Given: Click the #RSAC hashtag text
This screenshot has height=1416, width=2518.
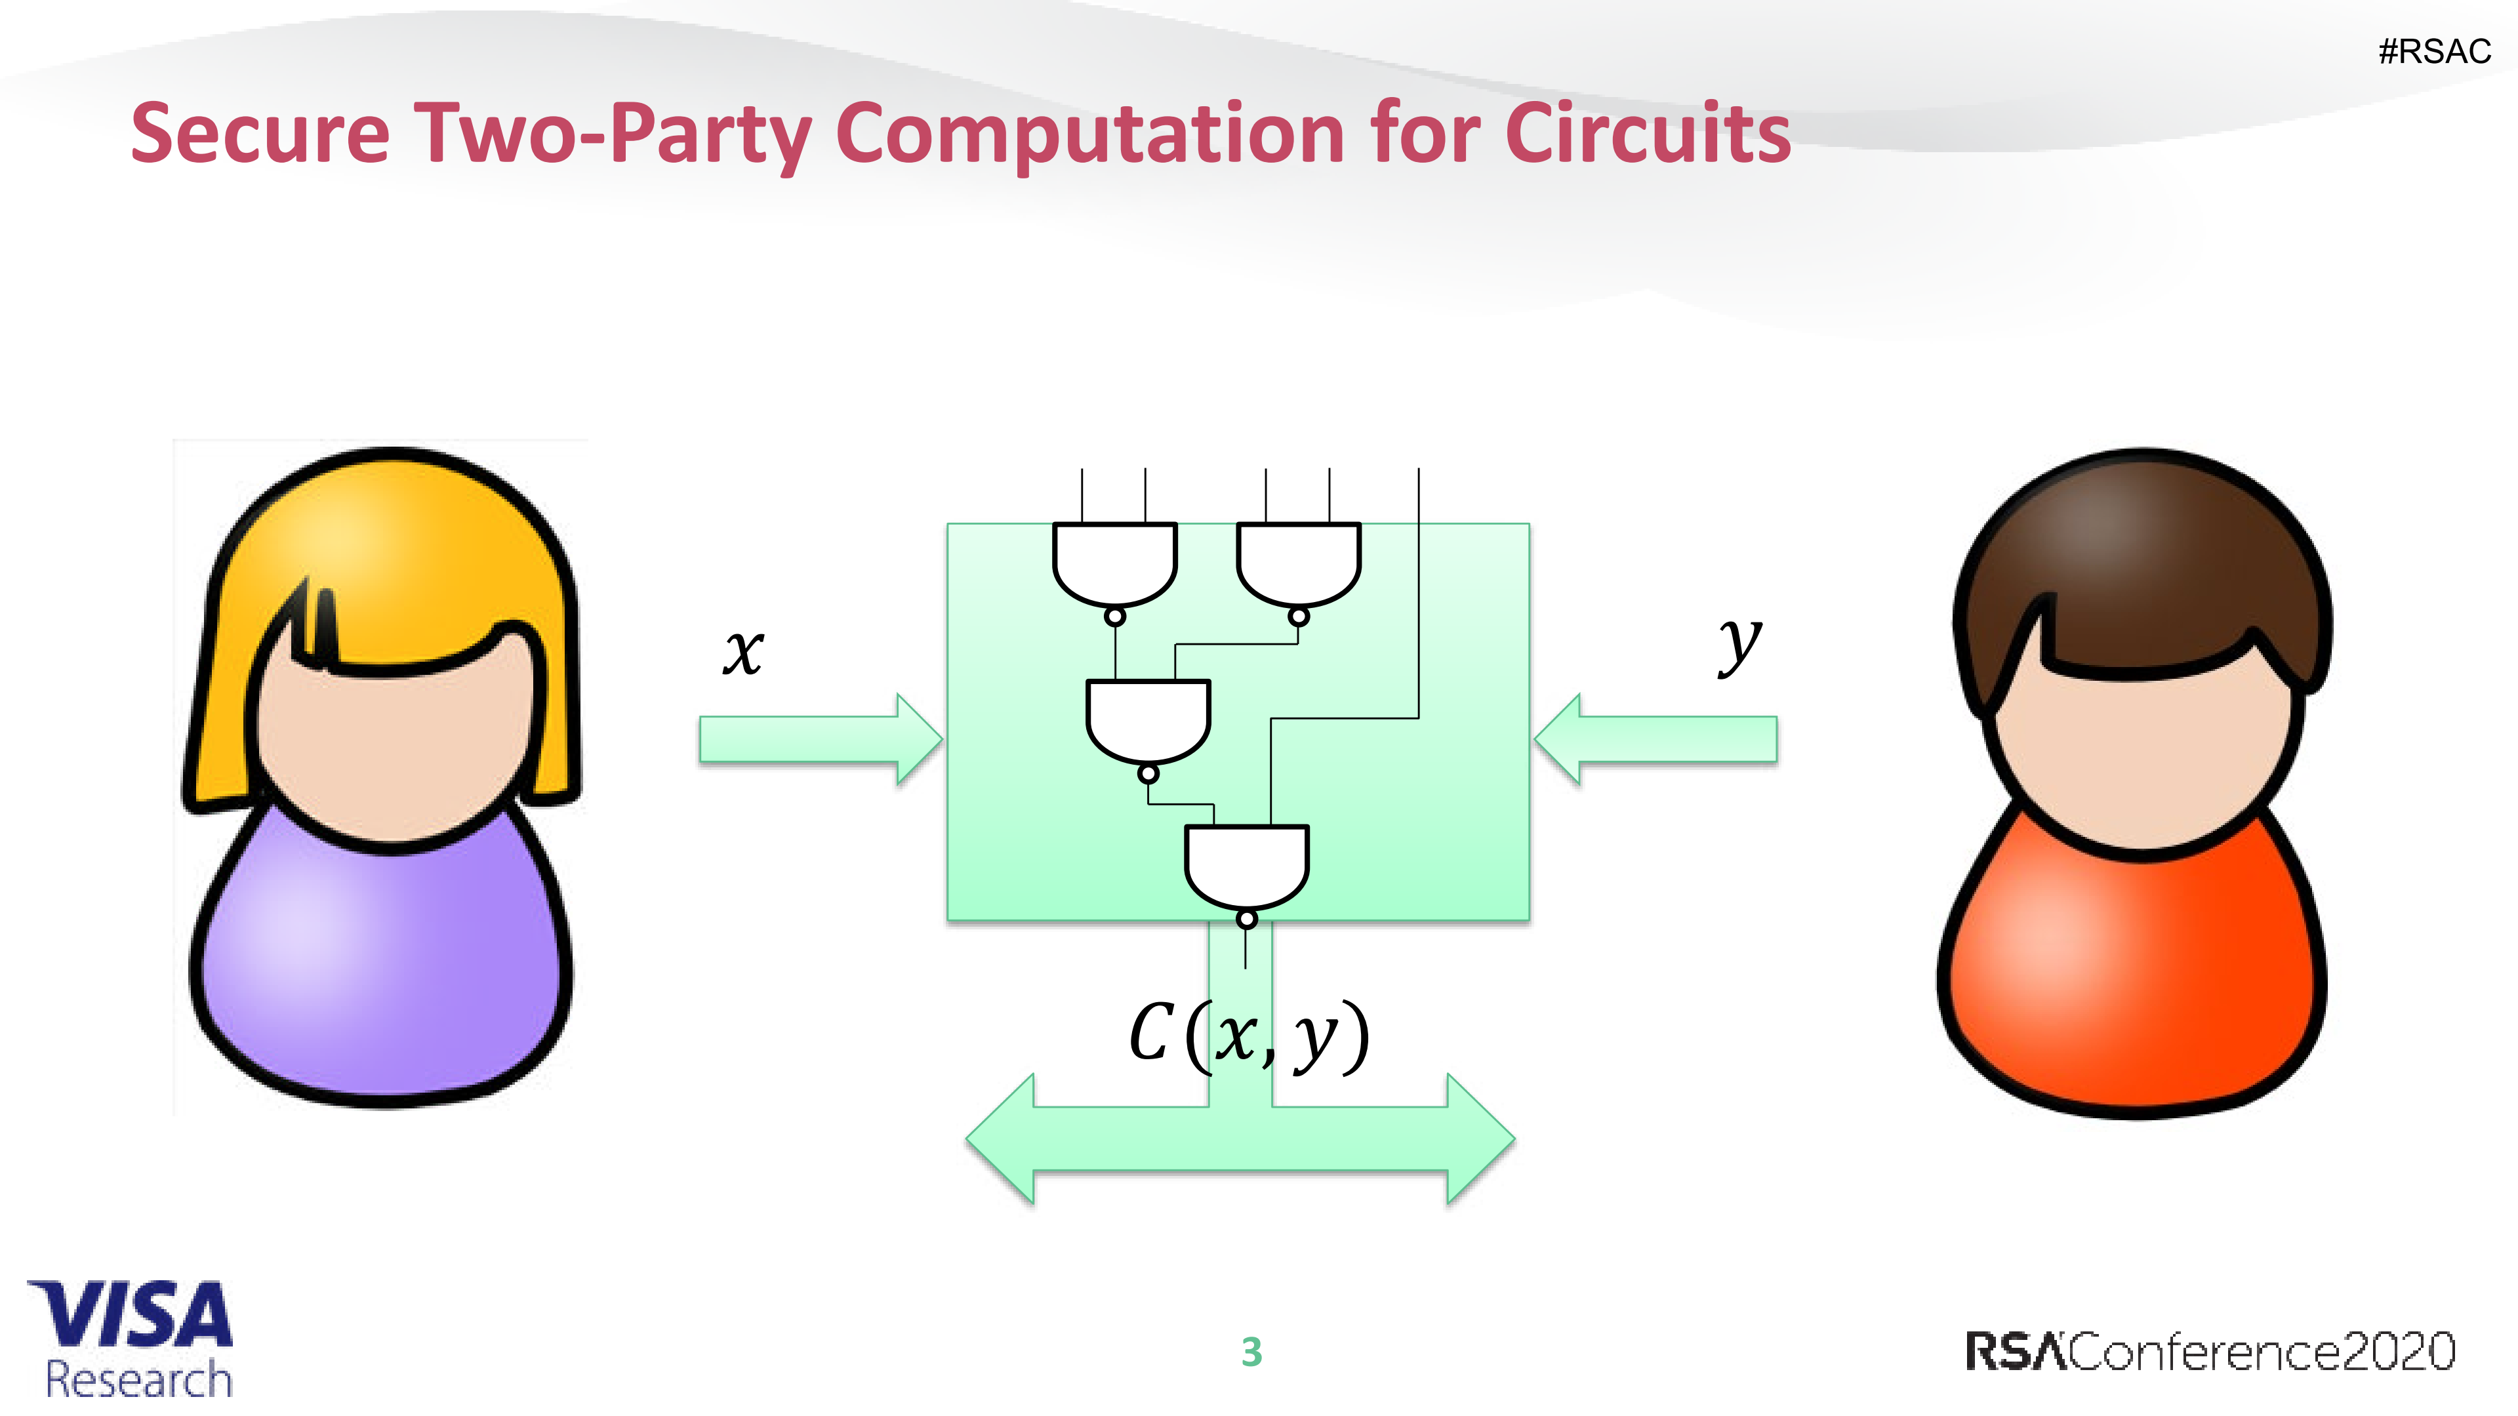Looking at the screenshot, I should pyautogui.click(x=2434, y=51).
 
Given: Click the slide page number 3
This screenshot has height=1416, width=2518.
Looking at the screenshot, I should pyautogui.click(x=1251, y=1352).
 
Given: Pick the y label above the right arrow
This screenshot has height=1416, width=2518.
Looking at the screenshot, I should pyautogui.click(x=1740, y=645).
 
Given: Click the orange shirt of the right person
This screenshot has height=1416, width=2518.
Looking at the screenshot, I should pyautogui.click(x=2131, y=967).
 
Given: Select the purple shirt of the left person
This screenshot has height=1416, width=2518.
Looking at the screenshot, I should pyautogui.click(x=381, y=967).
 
